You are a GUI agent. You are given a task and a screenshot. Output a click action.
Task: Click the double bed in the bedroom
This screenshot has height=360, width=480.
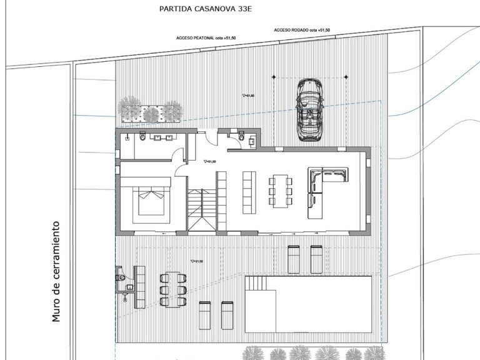coord(151,199)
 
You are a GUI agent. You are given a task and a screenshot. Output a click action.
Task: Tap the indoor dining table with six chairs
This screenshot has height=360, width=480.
coord(280,191)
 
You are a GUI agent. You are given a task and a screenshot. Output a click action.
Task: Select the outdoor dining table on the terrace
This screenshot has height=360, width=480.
coord(173,289)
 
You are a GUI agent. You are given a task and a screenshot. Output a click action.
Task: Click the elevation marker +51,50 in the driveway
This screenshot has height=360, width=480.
coord(248,96)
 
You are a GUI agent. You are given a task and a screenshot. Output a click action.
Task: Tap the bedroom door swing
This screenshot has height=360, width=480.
coord(181,169)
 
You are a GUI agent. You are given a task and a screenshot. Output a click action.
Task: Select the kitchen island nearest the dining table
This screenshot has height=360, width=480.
coord(248,191)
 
